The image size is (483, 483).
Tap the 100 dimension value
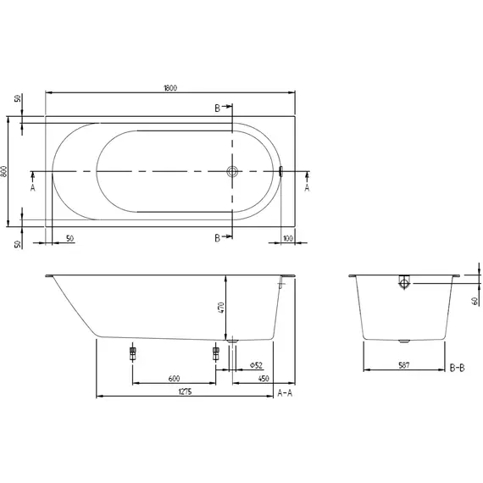point(288,238)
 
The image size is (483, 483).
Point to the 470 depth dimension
point(222,308)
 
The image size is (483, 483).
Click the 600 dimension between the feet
point(173,378)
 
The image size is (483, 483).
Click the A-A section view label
point(286,394)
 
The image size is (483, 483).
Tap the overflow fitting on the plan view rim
point(281,171)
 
